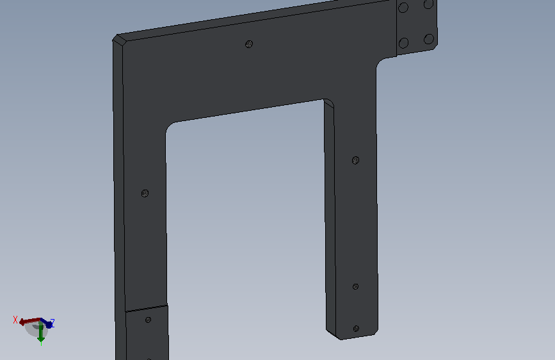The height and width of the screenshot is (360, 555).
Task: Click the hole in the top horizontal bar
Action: (x=249, y=44)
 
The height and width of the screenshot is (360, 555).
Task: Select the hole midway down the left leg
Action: (x=145, y=193)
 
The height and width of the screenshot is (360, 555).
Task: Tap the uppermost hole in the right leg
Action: (x=356, y=161)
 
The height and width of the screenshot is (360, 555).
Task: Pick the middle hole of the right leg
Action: (x=356, y=286)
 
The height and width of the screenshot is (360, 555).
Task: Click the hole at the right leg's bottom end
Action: (x=356, y=329)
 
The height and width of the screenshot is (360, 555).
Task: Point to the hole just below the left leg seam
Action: (x=148, y=320)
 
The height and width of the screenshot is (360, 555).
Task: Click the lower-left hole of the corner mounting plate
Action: (x=403, y=43)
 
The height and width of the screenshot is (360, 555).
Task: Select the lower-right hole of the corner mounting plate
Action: (x=429, y=39)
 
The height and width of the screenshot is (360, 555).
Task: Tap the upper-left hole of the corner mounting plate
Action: (x=403, y=7)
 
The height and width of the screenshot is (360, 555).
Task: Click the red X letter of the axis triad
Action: (x=15, y=320)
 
